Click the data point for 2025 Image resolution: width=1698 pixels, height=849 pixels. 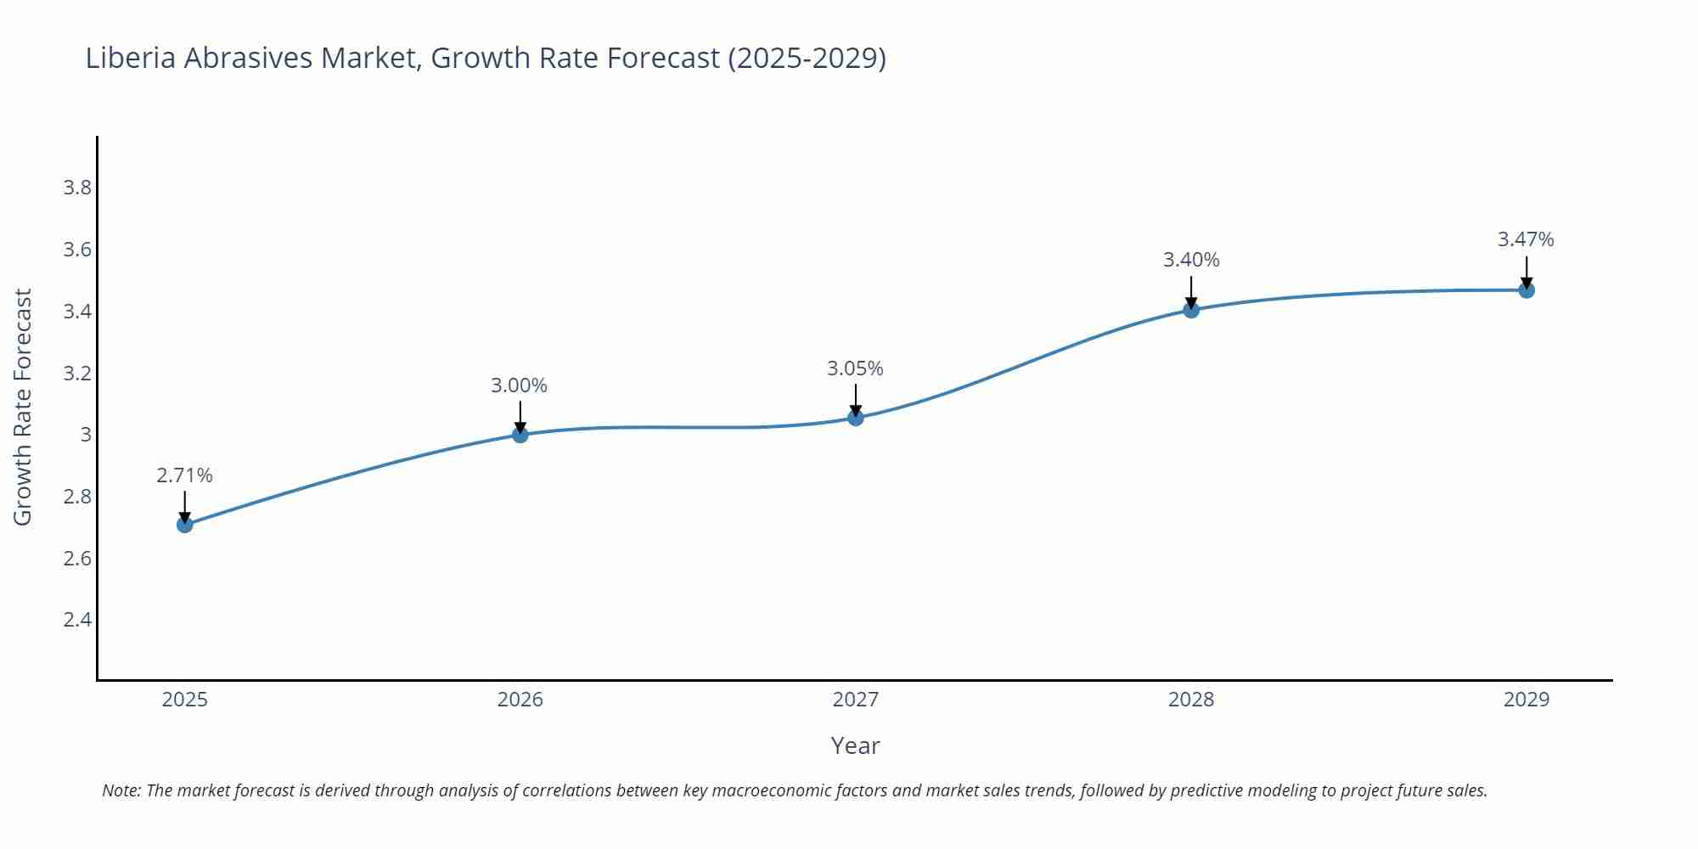(x=185, y=525)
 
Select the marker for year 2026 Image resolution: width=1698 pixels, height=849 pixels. (x=520, y=435)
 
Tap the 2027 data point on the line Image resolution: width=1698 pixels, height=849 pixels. (x=856, y=418)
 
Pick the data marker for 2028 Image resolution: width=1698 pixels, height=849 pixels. (x=1191, y=310)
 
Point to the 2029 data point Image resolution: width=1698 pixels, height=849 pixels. (x=1527, y=290)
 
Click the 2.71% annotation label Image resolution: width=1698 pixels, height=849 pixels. (x=184, y=475)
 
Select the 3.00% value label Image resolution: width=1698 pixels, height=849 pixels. (x=519, y=385)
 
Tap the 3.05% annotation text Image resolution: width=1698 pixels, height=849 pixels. (x=855, y=368)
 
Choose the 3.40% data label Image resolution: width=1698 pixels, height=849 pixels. (x=1191, y=260)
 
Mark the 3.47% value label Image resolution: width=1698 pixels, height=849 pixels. (x=1526, y=239)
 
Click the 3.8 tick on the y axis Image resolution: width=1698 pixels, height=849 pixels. (x=77, y=188)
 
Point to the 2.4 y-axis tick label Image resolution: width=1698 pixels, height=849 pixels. (x=77, y=620)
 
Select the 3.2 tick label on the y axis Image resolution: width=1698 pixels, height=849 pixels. (x=77, y=374)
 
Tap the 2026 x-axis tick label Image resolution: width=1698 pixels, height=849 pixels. (x=520, y=700)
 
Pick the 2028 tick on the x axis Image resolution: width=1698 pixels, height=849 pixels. (x=1191, y=700)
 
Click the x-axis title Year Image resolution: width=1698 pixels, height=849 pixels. (x=855, y=745)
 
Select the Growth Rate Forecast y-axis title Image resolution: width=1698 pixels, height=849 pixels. (x=23, y=407)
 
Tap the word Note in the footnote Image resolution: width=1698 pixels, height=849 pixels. (x=121, y=790)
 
